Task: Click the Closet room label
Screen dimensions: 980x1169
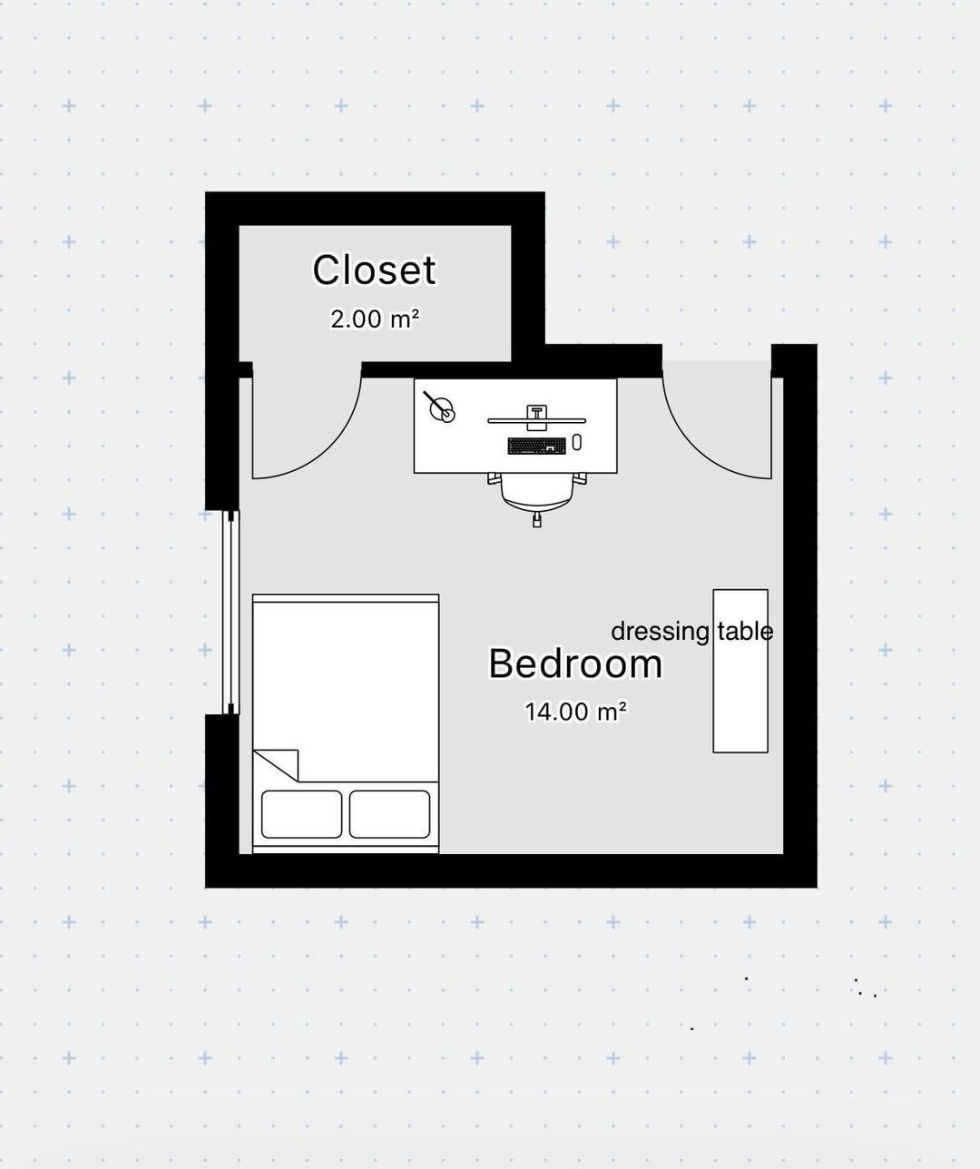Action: [374, 270]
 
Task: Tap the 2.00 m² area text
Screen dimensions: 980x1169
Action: [375, 319]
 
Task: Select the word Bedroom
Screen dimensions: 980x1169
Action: [575, 663]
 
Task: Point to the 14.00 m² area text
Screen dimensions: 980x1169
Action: [575, 712]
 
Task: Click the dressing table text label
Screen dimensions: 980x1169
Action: [691, 632]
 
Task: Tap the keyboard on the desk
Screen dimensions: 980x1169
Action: [537, 446]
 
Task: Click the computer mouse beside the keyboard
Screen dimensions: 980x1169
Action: [576, 442]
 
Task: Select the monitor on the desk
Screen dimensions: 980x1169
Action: [537, 420]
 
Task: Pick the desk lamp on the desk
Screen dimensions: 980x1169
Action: [440, 407]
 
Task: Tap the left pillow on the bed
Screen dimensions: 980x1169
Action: [301, 814]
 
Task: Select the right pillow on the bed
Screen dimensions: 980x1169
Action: [389, 814]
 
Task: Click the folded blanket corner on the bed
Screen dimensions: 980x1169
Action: [276, 765]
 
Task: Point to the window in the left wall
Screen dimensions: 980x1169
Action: [230, 613]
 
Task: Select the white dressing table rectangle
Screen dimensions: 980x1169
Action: [740, 671]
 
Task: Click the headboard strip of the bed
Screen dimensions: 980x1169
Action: [346, 598]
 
